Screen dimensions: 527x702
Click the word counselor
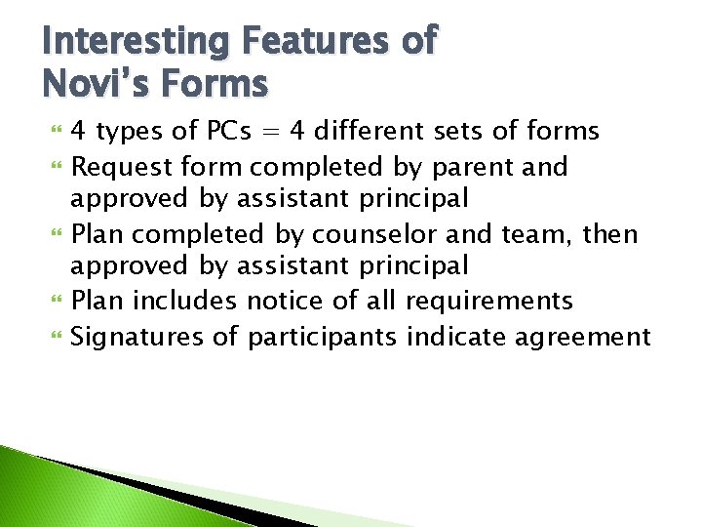tap(360, 234)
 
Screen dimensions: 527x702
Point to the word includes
tap(185, 301)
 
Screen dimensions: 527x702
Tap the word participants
tap(322, 338)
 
